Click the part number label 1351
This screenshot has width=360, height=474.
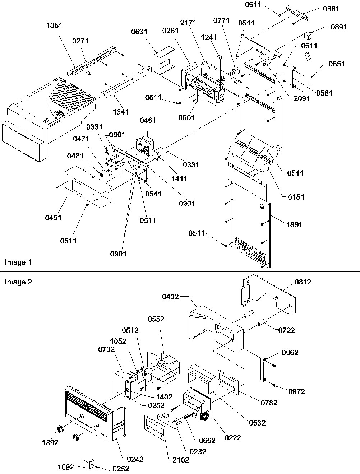(54, 25)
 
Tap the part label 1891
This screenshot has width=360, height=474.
(294, 225)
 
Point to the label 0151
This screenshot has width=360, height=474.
(295, 197)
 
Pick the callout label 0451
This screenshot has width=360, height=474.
(53, 217)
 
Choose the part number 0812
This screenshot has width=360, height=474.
(303, 282)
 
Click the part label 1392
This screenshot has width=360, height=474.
(50, 442)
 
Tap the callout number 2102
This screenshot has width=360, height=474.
(181, 460)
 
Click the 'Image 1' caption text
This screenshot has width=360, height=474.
(18, 262)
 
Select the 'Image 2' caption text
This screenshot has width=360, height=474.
(18, 282)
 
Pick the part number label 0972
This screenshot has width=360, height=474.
(296, 391)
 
